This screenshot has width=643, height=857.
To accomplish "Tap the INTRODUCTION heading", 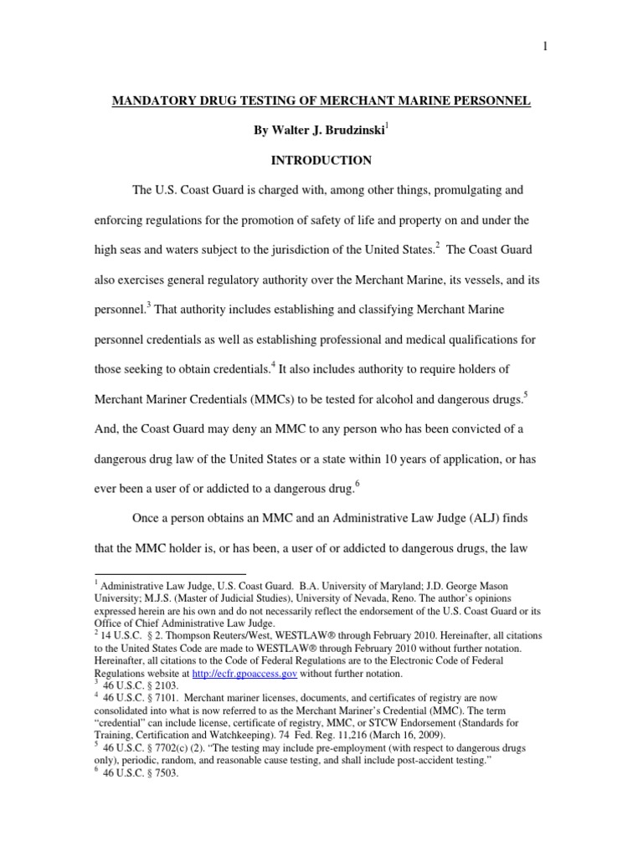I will point(321,160).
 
